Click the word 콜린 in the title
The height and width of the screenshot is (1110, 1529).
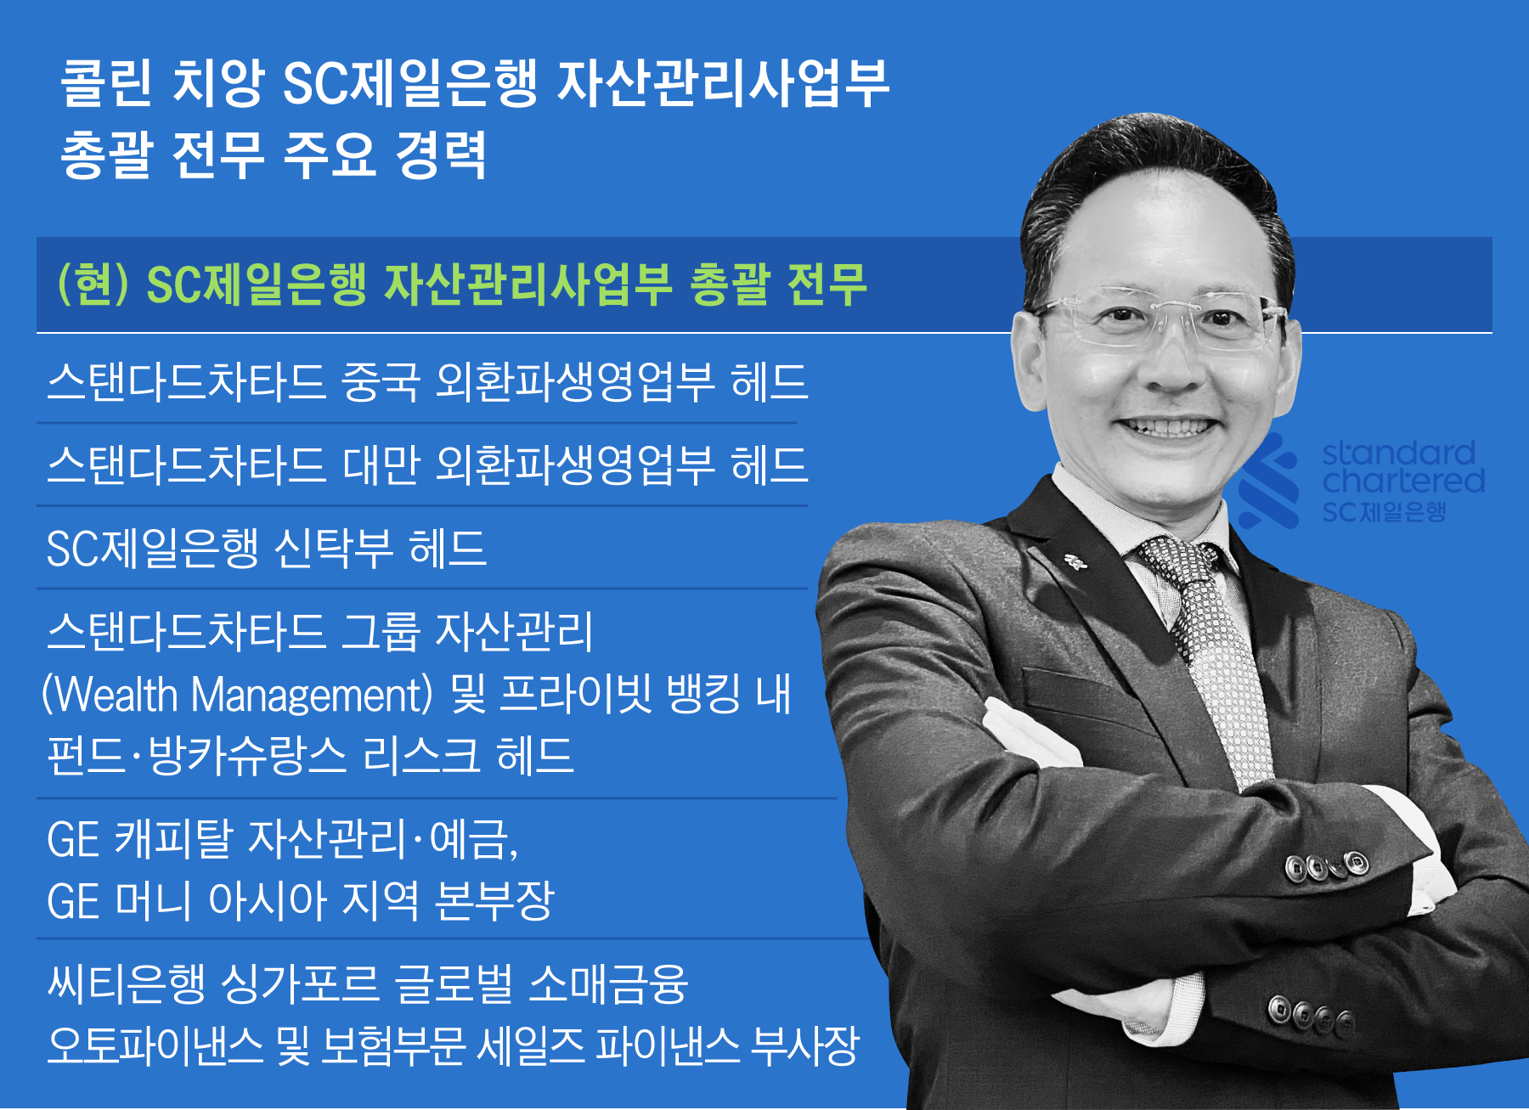pos(106,83)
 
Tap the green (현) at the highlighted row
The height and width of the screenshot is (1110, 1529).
pos(93,284)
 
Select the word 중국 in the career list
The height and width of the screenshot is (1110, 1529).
pos(380,381)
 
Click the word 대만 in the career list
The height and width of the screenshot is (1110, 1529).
pos(381,465)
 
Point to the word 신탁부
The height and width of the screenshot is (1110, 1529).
pos(333,548)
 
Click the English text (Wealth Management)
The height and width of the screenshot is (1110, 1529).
pos(238,695)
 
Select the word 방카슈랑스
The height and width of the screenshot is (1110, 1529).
pos(247,754)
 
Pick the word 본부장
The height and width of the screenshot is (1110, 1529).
pos(494,900)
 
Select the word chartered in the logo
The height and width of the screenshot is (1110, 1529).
pos(1403,482)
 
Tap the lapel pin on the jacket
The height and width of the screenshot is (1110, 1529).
pos(1075,561)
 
